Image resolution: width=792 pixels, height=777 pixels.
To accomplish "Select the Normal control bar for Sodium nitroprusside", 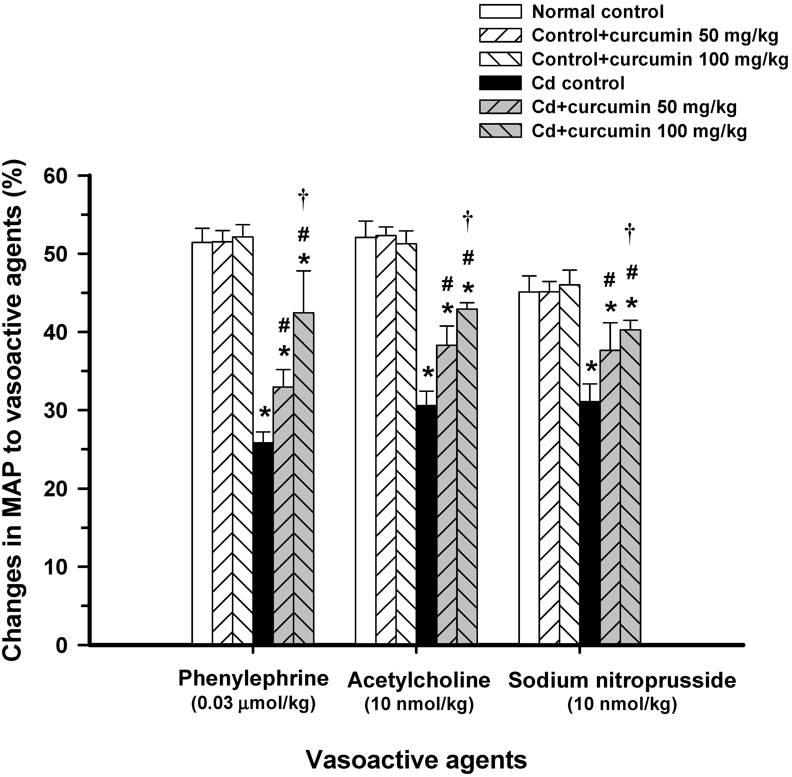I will [529, 531].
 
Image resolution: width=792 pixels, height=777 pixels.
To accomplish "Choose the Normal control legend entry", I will [597, 12].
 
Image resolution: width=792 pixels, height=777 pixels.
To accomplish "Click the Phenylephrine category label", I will [254, 679].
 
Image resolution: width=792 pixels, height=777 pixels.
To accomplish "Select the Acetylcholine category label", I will [419, 680].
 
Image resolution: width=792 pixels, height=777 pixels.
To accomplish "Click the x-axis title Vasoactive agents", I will [416, 760].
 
